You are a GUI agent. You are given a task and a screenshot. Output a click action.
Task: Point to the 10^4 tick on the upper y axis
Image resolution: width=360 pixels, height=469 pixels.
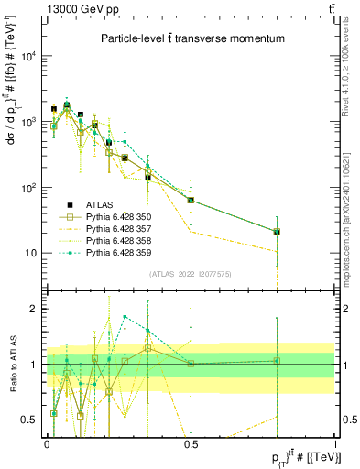pyautogui.click(x=27, y=56)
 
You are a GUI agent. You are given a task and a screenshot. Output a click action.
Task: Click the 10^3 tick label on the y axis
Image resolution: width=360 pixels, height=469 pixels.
pyautogui.click(x=27, y=122)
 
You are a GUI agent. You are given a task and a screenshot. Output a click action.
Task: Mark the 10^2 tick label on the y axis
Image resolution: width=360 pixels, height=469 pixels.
pyautogui.click(x=27, y=188)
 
